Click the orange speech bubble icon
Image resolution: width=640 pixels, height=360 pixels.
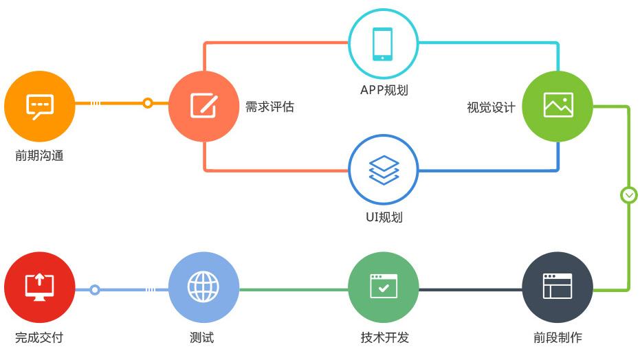[x=40, y=106]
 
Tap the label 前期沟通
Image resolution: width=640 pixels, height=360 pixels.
[x=39, y=156]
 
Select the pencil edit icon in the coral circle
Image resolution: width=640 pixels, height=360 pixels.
[x=204, y=106]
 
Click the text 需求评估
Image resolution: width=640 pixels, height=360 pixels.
[x=269, y=106]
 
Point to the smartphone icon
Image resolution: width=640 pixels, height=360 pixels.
[x=382, y=44]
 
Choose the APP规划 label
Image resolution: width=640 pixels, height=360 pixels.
[x=384, y=90]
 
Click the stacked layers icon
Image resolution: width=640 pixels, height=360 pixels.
[x=384, y=170]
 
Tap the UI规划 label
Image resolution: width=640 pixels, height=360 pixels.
[x=384, y=217]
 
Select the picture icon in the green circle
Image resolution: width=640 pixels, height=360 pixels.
[x=558, y=105]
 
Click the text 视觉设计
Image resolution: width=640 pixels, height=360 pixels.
[x=491, y=108]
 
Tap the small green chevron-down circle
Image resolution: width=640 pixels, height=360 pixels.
[x=628, y=195]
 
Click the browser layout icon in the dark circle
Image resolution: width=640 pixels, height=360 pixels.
[x=558, y=286]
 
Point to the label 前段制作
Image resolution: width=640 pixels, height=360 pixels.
[x=558, y=337]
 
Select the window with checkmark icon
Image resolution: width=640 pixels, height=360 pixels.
[x=384, y=286]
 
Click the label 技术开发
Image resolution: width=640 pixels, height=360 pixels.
[x=384, y=337]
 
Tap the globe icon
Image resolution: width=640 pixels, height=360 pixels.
[x=203, y=286]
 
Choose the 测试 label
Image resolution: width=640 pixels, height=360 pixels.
[x=201, y=337]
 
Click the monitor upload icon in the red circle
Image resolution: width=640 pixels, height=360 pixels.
[x=40, y=287]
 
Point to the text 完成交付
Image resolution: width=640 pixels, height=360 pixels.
[x=39, y=337]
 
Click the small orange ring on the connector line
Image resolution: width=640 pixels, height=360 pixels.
[x=148, y=103]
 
